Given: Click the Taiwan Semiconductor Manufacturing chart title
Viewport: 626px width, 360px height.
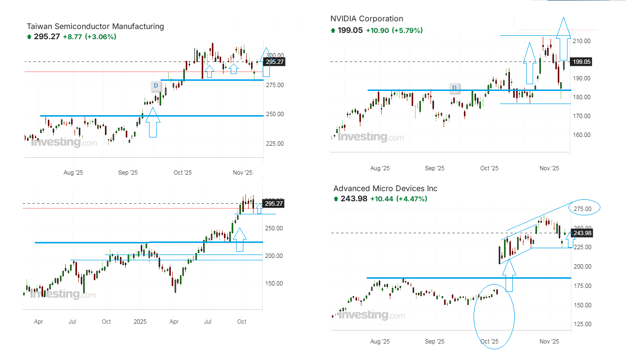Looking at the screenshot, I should (95, 27).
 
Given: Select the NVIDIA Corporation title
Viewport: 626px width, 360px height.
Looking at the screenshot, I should (367, 19).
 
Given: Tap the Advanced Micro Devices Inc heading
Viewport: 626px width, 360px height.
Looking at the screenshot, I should (385, 189).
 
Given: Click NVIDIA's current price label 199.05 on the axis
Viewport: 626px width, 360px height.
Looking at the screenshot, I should (581, 62).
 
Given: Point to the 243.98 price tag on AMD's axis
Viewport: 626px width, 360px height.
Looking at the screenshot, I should (582, 233).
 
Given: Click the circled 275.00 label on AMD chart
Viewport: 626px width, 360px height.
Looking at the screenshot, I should (582, 209).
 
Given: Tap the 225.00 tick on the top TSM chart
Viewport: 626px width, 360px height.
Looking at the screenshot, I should (274, 144).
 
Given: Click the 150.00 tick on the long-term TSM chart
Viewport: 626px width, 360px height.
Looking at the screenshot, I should (274, 284).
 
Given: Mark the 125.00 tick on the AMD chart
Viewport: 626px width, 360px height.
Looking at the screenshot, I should (582, 324).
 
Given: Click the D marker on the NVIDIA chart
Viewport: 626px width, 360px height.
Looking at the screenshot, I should (454, 88).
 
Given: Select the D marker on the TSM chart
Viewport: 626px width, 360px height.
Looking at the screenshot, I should (155, 86).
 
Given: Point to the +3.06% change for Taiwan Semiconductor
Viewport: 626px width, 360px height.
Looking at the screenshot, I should (101, 37).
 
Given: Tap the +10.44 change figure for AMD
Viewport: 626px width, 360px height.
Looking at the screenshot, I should (382, 199).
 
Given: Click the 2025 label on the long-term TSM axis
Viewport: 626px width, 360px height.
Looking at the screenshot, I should (140, 322).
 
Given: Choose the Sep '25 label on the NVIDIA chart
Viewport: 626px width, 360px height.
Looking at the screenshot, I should (434, 168).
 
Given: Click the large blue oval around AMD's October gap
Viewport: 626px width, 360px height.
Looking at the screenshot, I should (494, 315).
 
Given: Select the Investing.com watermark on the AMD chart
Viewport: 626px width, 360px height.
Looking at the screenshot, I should (372, 315).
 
